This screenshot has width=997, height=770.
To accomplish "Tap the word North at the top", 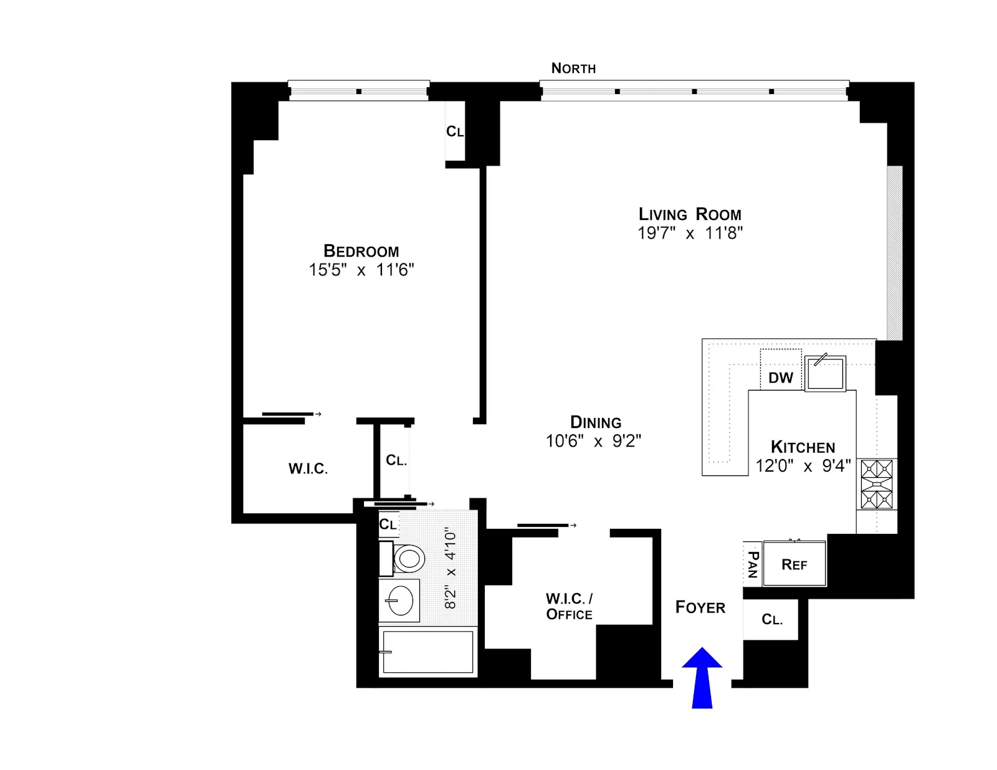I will [x=573, y=69].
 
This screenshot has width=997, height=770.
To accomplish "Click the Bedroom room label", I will [x=361, y=251].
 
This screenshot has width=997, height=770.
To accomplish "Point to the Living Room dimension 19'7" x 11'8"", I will [x=690, y=234].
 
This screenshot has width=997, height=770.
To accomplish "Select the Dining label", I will [x=596, y=422].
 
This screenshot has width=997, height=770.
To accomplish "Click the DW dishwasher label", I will [x=780, y=378].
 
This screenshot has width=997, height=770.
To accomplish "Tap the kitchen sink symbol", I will [x=825, y=374].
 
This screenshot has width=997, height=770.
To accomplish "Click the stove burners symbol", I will [x=877, y=484].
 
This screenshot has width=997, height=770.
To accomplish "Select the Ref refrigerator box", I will [x=794, y=564].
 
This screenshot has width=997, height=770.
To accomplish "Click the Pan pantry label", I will [x=753, y=564].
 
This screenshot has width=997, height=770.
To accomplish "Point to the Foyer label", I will [x=700, y=607].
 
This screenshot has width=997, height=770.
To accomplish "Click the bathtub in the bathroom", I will [x=427, y=652].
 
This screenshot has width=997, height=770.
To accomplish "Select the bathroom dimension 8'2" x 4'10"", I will [x=451, y=568].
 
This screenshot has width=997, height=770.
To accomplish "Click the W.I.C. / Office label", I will [x=569, y=607].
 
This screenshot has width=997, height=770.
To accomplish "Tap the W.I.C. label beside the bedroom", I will [x=308, y=468].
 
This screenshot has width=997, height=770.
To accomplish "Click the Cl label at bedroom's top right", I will [x=455, y=131].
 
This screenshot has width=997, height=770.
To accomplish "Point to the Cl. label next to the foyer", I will [x=772, y=619].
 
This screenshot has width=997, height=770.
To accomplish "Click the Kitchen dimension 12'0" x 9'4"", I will [x=803, y=466].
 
